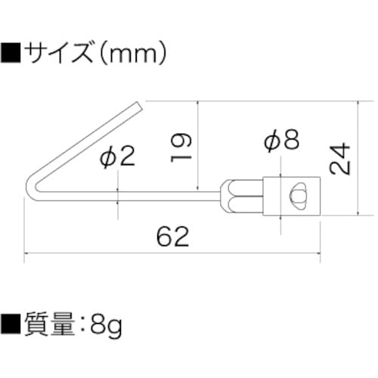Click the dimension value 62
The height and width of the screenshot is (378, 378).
tap(172, 237)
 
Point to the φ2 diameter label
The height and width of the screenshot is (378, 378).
tap(117, 156)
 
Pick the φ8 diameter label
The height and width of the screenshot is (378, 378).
tap(282, 140)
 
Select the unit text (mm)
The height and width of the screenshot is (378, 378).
tap(137, 54)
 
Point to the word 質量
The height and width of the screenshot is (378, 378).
tap(54, 327)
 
